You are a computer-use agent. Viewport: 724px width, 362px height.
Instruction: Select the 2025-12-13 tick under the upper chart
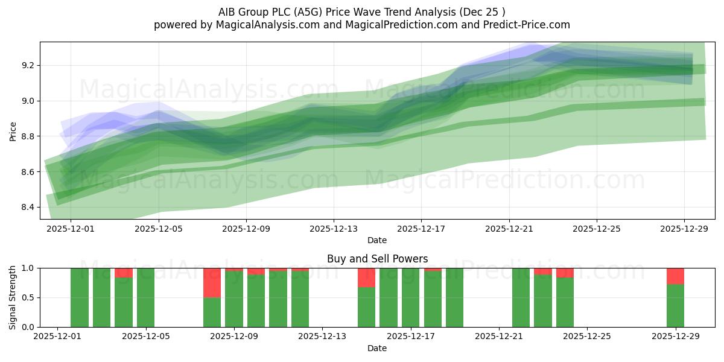point(334,229)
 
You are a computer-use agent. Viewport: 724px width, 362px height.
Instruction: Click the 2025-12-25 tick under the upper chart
point(597,229)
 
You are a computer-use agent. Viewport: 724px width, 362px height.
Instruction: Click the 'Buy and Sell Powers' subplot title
point(377,259)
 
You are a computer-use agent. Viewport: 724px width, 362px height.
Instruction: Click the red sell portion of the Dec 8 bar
point(212,282)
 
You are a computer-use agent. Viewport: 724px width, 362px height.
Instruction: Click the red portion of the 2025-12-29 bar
point(675,276)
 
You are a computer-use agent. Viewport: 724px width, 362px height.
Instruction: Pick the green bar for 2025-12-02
point(80,297)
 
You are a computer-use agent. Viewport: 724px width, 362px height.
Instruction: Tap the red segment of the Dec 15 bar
point(366,278)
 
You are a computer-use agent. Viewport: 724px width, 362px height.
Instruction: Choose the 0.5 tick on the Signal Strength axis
point(28,297)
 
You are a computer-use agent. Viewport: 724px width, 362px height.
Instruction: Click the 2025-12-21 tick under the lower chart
point(499,337)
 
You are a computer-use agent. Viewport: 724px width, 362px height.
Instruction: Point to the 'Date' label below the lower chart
point(377,348)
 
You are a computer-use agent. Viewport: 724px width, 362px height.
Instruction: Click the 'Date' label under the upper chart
point(377,240)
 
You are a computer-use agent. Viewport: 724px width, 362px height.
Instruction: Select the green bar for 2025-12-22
point(521,297)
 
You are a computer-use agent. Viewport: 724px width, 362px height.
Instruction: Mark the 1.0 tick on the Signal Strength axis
point(28,268)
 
